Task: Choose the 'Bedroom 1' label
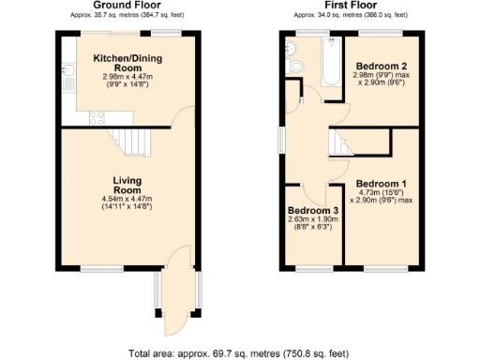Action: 382,183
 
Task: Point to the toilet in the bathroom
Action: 296,67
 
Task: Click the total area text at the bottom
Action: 239,353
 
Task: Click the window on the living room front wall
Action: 95,269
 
